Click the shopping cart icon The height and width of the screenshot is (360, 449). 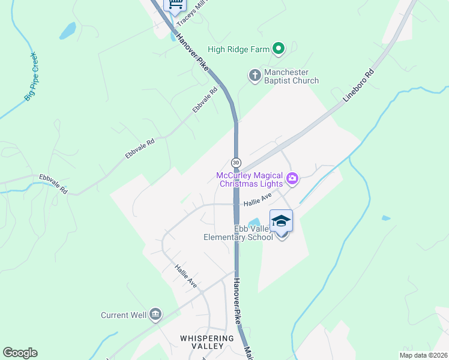(175, 5)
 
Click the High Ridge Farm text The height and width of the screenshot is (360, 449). (238, 49)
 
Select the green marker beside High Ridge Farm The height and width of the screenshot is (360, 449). (278, 49)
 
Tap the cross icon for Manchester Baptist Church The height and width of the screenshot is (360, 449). (255, 76)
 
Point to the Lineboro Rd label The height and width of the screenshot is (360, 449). (358, 88)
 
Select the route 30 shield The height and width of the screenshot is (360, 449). (236, 163)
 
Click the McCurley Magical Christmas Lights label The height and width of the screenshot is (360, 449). (249, 179)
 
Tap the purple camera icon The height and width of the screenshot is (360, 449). (292, 178)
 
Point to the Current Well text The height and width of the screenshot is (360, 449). (123, 315)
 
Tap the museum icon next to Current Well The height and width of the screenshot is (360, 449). (155, 314)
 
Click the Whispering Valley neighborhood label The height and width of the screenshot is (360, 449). (206, 342)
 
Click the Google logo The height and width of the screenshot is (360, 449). (20, 353)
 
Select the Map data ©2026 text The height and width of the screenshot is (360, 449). (423, 355)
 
